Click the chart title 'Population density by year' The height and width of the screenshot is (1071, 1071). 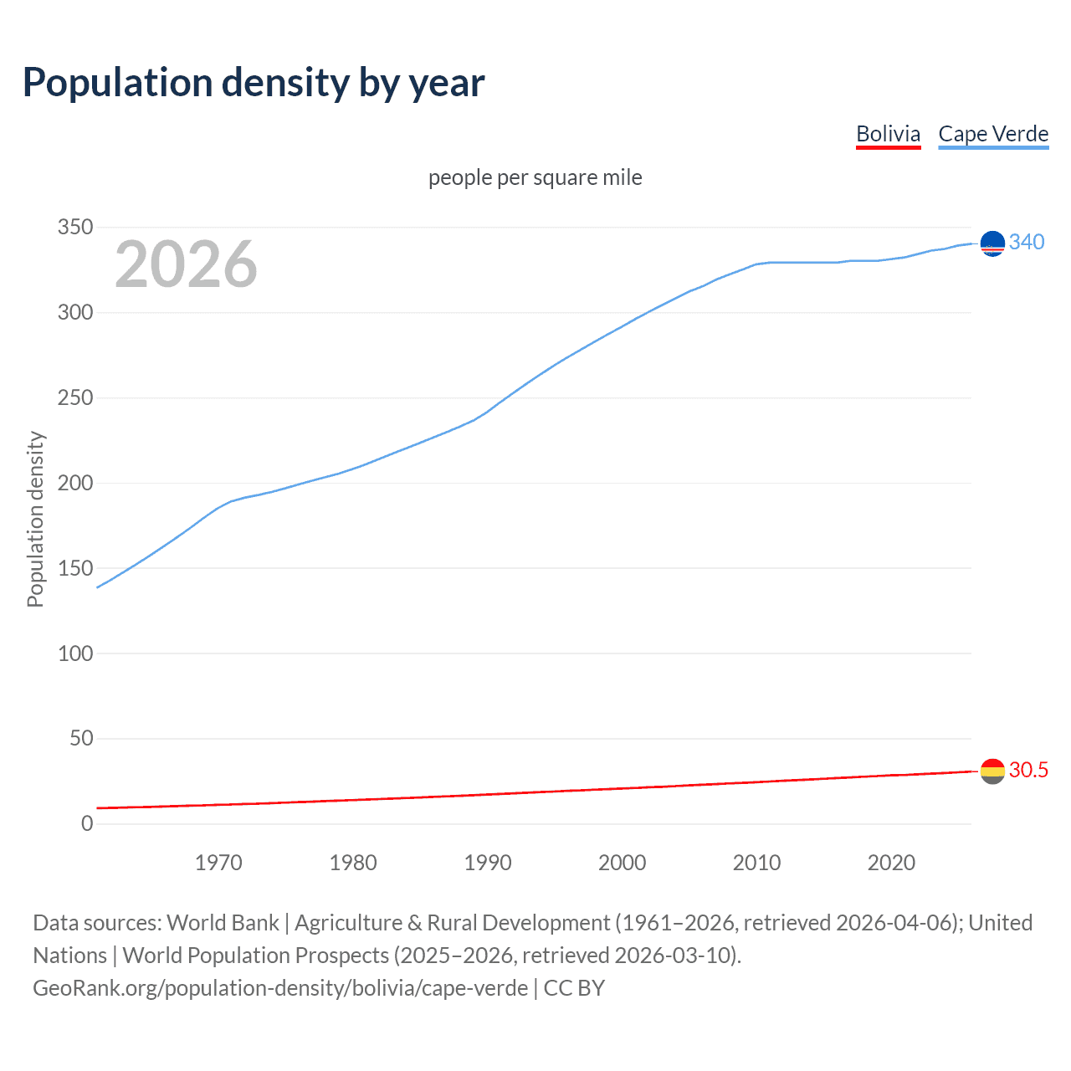coord(254,82)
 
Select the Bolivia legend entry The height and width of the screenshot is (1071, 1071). coord(888,134)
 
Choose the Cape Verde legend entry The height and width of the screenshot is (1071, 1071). coord(993,134)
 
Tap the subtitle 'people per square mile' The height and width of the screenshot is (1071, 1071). coord(535,177)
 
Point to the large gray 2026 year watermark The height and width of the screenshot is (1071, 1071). coord(186,264)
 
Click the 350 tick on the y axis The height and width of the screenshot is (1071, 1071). coord(75,228)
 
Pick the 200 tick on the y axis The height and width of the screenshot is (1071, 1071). coord(75,483)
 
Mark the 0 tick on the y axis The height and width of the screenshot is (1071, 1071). coord(87,823)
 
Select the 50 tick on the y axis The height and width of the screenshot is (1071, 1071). coord(81,738)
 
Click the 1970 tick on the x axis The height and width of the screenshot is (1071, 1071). coord(218,863)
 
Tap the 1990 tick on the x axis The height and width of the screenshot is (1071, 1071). coord(488,863)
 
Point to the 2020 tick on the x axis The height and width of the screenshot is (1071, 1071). coord(891,863)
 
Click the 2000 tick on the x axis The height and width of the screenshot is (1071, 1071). coord(622,863)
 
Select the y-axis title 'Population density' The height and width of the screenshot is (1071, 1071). coord(35,519)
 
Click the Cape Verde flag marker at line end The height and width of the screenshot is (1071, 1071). coord(992,243)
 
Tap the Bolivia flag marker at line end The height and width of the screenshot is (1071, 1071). coord(992,771)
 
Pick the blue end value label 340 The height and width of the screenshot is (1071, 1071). coord(1027,242)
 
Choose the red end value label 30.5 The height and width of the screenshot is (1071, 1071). coord(1028,770)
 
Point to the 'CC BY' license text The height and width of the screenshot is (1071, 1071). coord(574,987)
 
